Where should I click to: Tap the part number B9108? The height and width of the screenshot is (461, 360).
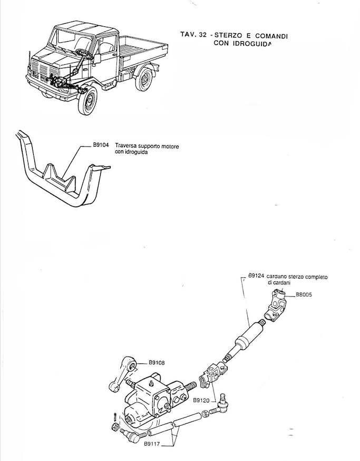click(x=157, y=363)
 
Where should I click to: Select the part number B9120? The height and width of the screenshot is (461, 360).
click(x=201, y=400)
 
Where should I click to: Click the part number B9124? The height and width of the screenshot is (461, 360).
click(x=256, y=275)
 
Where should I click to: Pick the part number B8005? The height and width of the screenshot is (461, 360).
click(x=304, y=295)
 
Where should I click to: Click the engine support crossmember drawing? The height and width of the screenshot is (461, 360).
click(x=63, y=174)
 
